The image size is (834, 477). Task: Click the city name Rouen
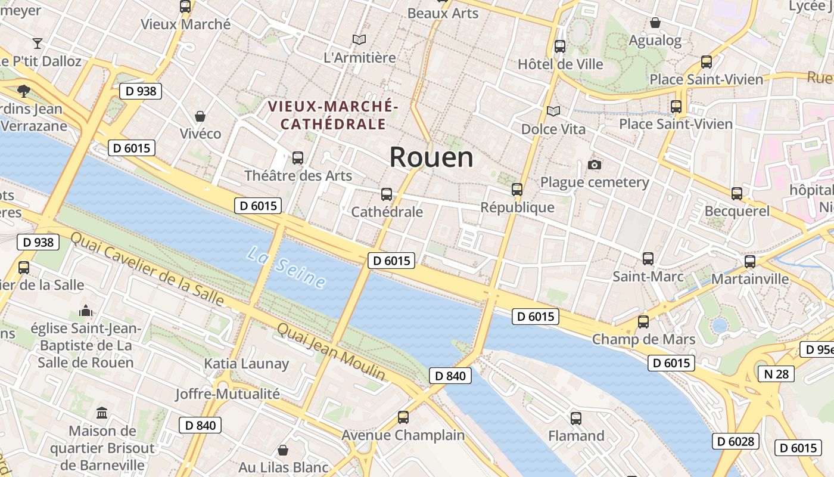[x=431, y=157]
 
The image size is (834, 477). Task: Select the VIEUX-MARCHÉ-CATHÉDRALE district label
[x=332, y=115]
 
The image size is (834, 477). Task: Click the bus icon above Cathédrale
[x=387, y=194]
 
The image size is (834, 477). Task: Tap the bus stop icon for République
[x=517, y=190]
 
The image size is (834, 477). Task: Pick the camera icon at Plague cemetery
[x=594, y=165]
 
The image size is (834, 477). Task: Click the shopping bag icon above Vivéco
[x=200, y=116]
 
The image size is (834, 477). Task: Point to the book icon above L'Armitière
[x=359, y=39]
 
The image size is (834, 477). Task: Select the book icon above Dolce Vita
[x=553, y=111]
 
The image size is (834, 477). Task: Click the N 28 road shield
[x=776, y=374]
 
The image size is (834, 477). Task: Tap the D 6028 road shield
[x=736, y=441]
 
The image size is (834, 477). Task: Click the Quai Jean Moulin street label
[x=331, y=352]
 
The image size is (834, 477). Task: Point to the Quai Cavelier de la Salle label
[x=147, y=269]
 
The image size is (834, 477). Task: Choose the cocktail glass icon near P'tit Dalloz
[x=38, y=43]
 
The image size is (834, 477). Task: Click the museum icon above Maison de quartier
[x=102, y=413]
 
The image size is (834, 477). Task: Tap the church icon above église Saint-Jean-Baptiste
[x=86, y=311]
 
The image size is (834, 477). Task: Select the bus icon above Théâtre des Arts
[x=298, y=158]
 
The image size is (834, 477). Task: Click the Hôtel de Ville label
[x=560, y=64]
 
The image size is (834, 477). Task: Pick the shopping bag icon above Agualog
[x=655, y=23]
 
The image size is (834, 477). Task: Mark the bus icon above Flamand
[x=575, y=418]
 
